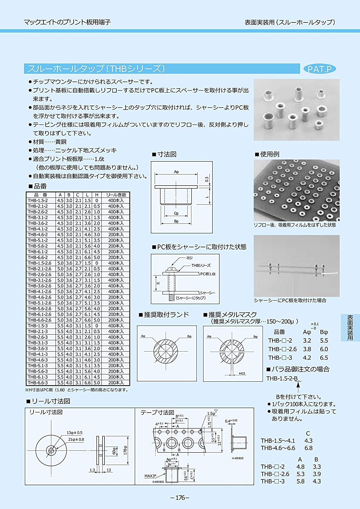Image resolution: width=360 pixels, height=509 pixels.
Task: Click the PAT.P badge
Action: click(x=319, y=69)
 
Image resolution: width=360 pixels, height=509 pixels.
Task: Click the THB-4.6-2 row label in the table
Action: click(x=38, y=234)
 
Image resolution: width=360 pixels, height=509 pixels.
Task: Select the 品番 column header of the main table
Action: click(x=41, y=195)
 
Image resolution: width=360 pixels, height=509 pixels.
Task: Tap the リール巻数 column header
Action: click(x=116, y=195)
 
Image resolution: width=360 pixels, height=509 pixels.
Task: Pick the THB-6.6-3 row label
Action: click(x=38, y=383)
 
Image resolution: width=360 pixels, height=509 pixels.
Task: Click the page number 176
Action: click(x=180, y=497)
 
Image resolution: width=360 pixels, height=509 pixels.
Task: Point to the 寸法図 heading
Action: click(x=167, y=154)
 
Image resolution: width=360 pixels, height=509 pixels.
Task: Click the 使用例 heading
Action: click(x=269, y=154)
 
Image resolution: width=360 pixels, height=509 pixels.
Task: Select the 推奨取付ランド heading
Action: click(x=166, y=315)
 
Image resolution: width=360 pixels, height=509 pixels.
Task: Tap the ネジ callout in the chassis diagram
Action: click(x=189, y=258)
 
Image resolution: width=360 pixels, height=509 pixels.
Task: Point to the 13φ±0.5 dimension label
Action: click(x=74, y=433)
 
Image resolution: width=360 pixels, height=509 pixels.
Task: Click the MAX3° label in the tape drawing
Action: click(x=150, y=476)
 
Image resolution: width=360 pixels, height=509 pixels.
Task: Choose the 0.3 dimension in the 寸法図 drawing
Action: click(x=207, y=179)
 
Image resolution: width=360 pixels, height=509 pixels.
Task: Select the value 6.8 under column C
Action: click(x=308, y=448)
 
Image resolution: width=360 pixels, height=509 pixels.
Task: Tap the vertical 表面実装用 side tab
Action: click(x=350, y=327)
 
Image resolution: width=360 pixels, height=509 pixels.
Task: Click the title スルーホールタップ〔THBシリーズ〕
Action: click(x=96, y=69)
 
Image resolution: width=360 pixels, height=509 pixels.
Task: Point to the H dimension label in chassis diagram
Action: click(x=158, y=283)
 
